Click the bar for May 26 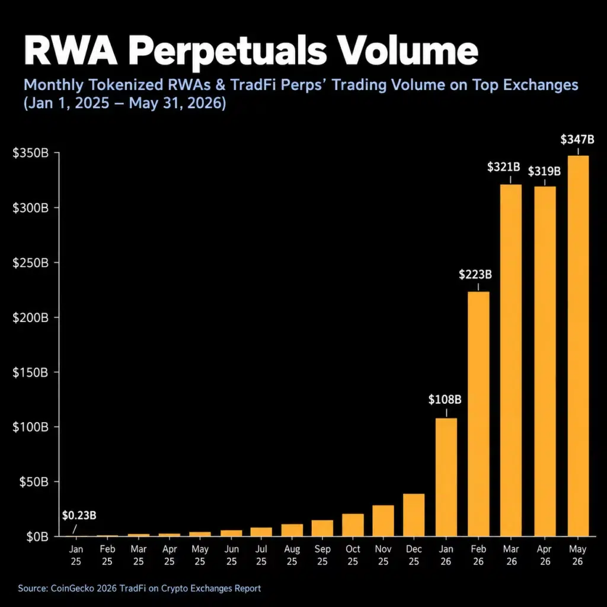(578, 346)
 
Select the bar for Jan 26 (446, 477)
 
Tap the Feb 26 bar (478, 414)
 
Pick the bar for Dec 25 (413, 515)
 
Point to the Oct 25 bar (353, 525)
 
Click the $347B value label (577, 139)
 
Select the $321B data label (503, 167)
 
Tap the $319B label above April (544, 171)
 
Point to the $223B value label (475, 274)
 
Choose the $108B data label (445, 400)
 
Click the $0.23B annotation (79, 515)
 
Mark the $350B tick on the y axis (31, 153)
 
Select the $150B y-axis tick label (31, 372)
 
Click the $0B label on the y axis (37, 536)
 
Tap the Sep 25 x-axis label (322, 555)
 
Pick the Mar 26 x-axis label (512, 555)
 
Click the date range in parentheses (124, 103)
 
